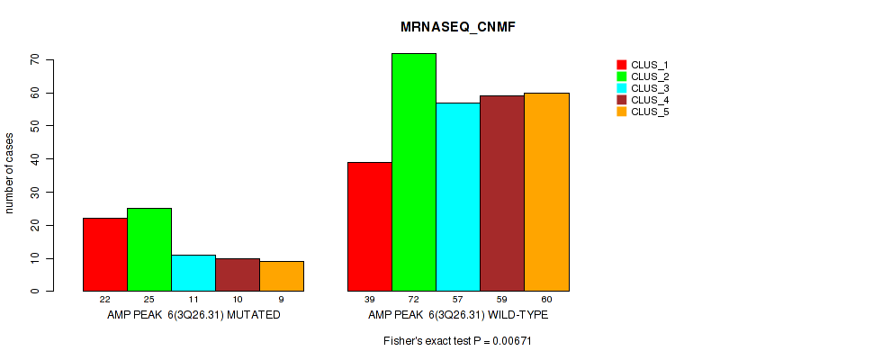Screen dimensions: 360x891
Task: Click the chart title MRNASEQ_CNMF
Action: (x=457, y=28)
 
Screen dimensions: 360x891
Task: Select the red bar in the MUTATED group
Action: (x=104, y=254)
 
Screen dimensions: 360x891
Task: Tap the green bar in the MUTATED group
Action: (x=148, y=249)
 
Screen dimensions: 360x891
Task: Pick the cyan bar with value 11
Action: (x=193, y=273)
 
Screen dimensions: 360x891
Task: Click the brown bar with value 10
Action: (x=237, y=274)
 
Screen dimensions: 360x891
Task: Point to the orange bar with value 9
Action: (x=281, y=276)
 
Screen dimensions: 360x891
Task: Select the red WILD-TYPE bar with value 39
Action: (x=369, y=226)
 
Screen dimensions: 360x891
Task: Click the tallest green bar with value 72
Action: (x=413, y=172)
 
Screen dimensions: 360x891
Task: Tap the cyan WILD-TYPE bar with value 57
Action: (x=457, y=196)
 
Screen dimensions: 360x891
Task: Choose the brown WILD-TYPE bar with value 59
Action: (x=501, y=193)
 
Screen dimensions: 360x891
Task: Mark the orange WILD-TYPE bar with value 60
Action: (x=545, y=192)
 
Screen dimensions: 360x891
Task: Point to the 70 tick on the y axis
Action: (x=35, y=59)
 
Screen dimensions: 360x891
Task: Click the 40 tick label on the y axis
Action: (x=35, y=158)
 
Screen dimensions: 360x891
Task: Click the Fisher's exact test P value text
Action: (x=457, y=341)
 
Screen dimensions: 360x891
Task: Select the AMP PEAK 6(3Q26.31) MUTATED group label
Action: (x=193, y=316)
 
